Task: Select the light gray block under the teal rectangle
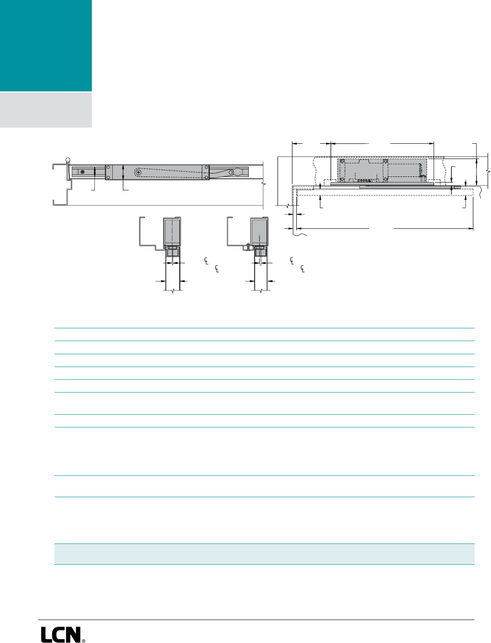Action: point(45,110)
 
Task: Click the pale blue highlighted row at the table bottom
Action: point(264,554)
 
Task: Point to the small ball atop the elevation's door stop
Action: point(67,160)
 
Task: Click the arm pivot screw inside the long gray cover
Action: point(138,172)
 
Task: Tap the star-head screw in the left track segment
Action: point(82,171)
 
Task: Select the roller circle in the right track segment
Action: point(231,172)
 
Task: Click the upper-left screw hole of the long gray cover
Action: point(108,167)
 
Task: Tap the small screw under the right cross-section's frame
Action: point(247,245)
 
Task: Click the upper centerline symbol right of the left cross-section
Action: point(206,260)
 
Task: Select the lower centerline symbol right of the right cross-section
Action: point(302,269)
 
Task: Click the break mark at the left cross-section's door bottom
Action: point(173,291)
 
